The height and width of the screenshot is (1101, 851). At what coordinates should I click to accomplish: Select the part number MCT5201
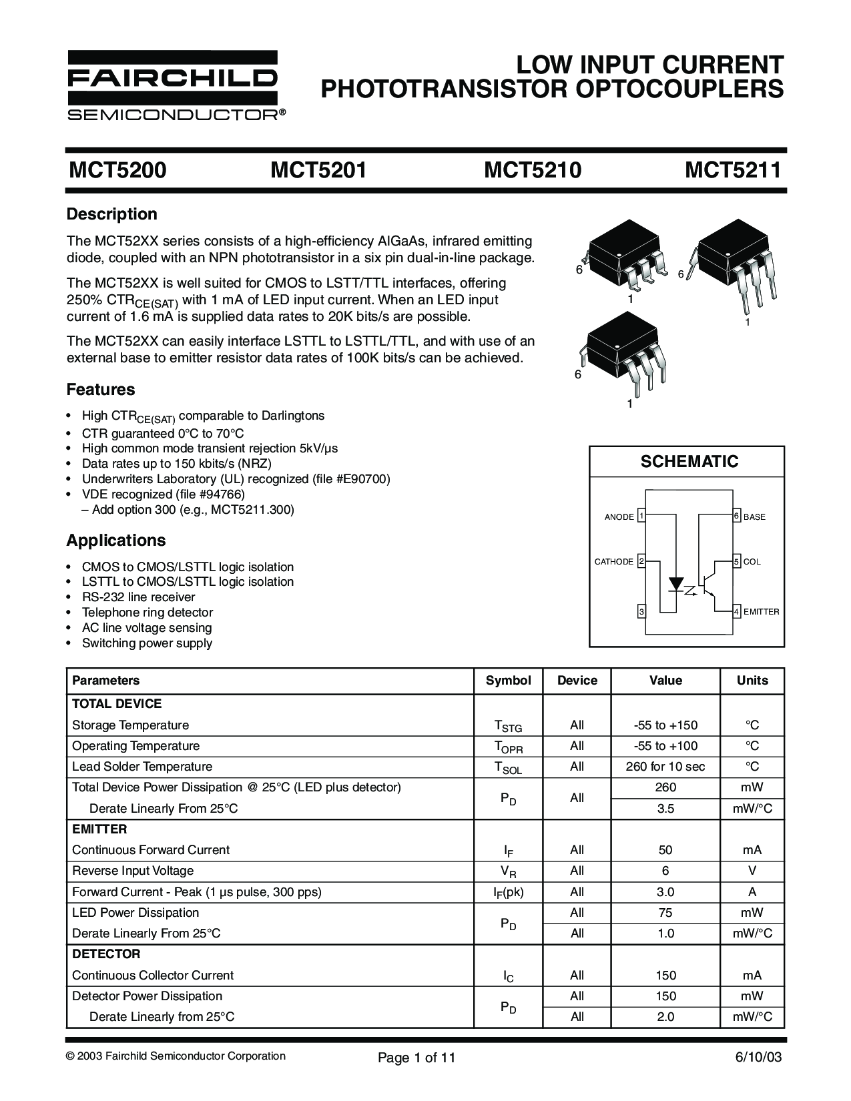tap(318, 171)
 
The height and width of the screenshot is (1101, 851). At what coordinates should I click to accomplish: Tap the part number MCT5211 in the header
tap(733, 171)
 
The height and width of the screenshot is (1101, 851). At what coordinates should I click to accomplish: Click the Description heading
tap(112, 214)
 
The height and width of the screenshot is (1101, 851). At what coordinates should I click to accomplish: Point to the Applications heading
tap(116, 540)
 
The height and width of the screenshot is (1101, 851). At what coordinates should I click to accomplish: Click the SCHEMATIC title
tap(689, 462)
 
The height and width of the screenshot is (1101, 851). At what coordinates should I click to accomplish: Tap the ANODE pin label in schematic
tap(619, 517)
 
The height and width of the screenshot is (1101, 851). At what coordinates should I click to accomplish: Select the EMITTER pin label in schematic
tap(761, 611)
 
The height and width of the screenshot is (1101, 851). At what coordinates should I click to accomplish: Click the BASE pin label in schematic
tap(754, 517)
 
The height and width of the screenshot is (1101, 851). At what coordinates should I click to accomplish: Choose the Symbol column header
tap(509, 681)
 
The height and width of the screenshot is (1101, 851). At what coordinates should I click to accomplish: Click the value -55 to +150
tap(665, 725)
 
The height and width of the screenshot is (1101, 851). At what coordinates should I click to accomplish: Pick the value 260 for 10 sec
tap(665, 767)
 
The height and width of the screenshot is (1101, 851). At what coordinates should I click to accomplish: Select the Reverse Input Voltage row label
tap(133, 871)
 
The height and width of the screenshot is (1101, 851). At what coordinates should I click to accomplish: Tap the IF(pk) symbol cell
tap(509, 892)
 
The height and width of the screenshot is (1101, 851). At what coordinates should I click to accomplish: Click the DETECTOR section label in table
tap(106, 954)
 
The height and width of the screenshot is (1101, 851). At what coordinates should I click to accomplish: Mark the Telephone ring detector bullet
tap(148, 613)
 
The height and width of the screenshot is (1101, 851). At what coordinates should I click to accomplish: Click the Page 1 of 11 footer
tap(416, 1058)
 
